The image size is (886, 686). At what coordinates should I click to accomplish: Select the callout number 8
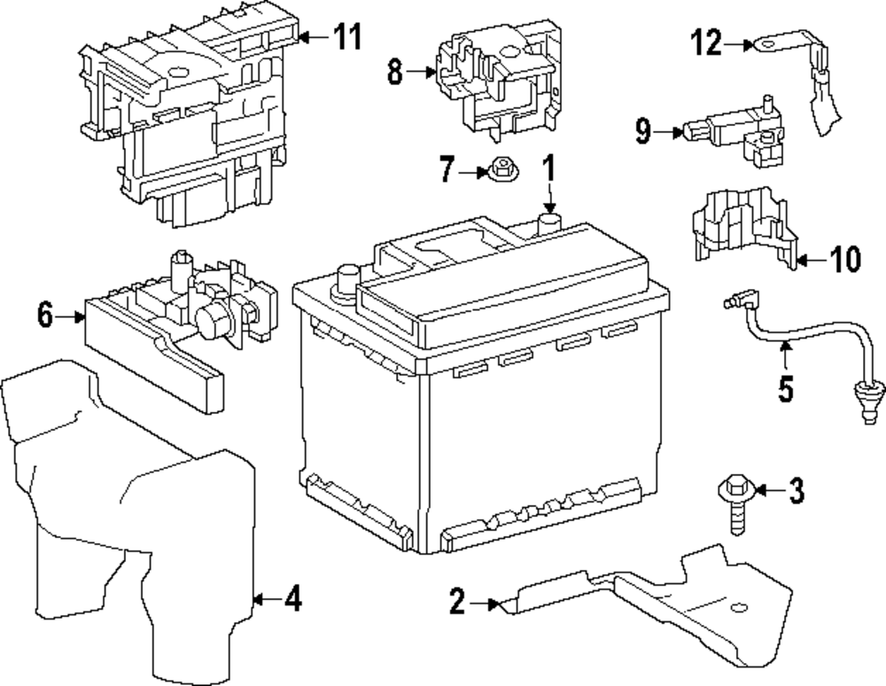tap(395, 72)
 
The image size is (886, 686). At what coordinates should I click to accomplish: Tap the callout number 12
tap(708, 42)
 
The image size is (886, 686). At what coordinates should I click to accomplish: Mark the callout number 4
tap(292, 600)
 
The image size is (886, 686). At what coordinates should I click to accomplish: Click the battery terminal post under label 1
tap(551, 217)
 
